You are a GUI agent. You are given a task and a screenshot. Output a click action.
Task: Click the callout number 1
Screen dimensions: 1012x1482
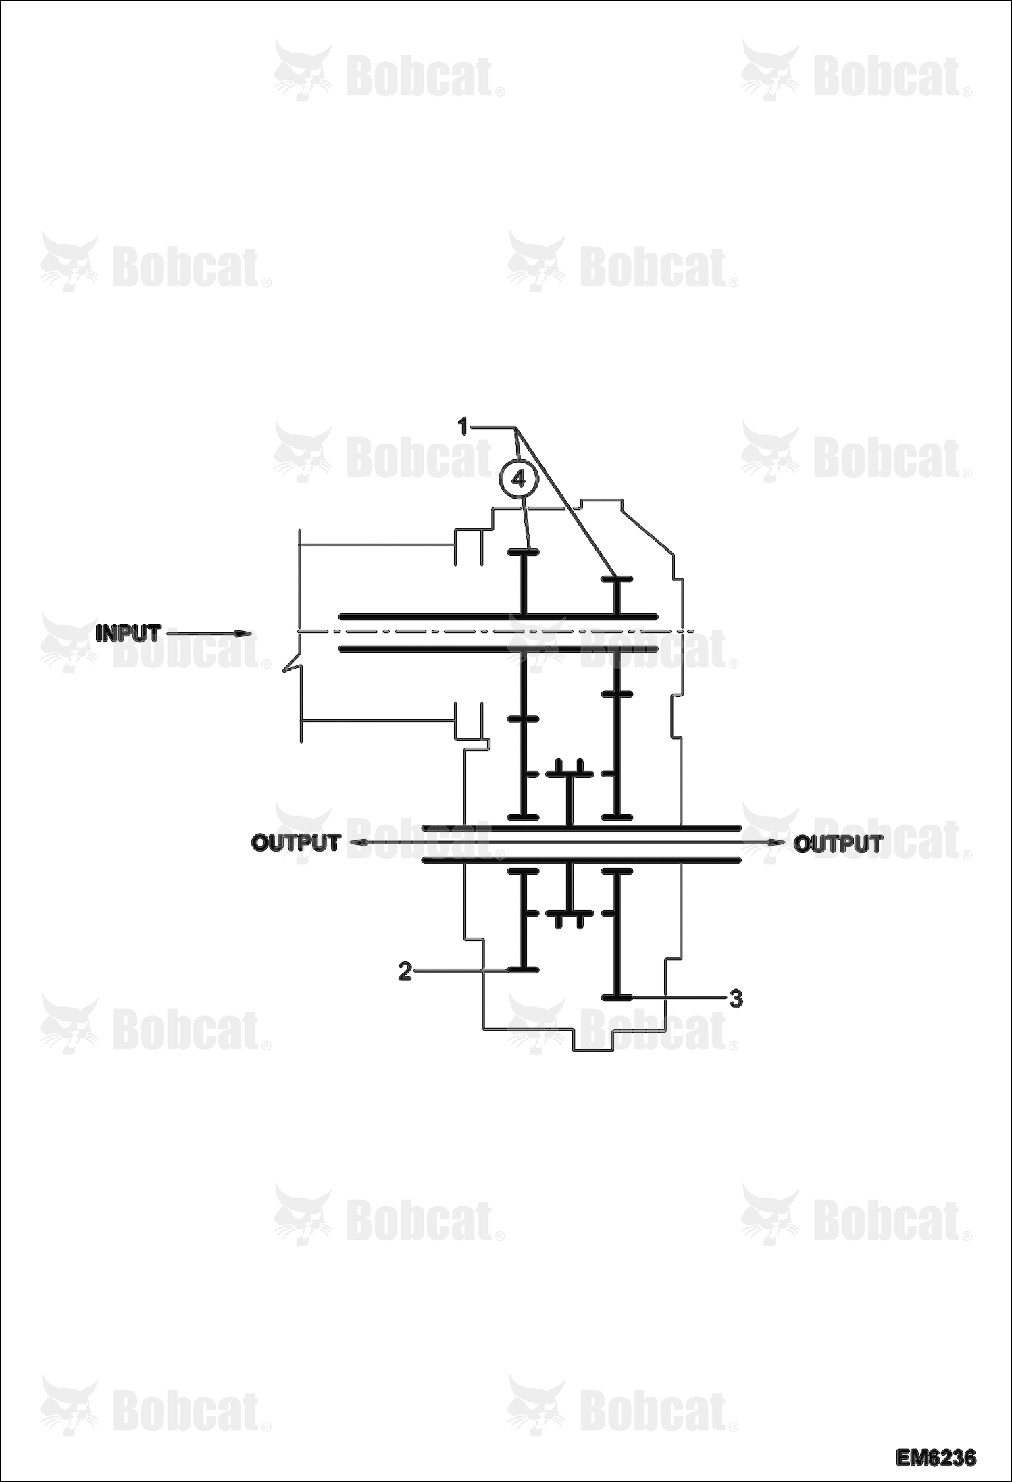pyautogui.click(x=463, y=427)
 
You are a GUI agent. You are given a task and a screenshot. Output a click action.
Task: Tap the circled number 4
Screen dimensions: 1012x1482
pyautogui.click(x=518, y=479)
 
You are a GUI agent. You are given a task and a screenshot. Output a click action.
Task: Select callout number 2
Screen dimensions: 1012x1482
pyautogui.click(x=405, y=971)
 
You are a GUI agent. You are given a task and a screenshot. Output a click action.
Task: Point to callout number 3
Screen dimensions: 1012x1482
pyautogui.click(x=736, y=998)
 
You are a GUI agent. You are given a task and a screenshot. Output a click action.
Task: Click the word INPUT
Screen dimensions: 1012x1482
pyautogui.click(x=128, y=634)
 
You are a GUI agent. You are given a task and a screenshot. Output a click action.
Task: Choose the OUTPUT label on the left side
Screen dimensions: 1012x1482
pyautogui.click(x=295, y=843)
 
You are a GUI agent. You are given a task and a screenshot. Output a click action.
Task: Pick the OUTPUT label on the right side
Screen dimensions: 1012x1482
pyautogui.click(x=838, y=844)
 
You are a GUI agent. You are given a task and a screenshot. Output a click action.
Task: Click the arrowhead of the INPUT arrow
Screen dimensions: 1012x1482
pyautogui.click(x=244, y=634)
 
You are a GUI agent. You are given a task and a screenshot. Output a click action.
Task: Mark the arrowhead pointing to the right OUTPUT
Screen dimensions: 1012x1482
pyautogui.click(x=777, y=843)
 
